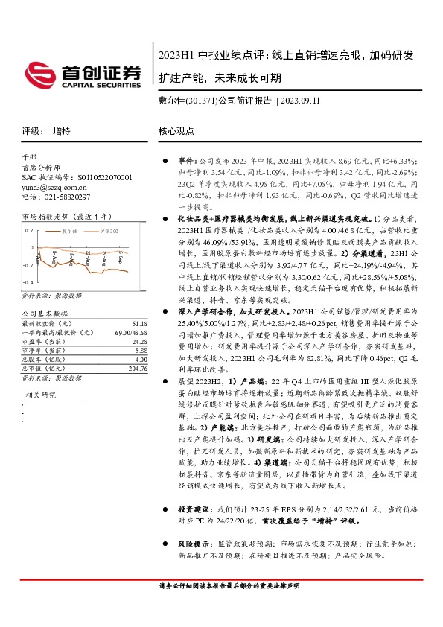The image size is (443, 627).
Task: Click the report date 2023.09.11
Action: point(288,101)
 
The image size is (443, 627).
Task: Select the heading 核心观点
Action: point(176,131)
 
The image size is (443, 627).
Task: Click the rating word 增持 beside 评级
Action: point(62,131)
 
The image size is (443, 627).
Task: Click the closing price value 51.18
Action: point(138,323)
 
